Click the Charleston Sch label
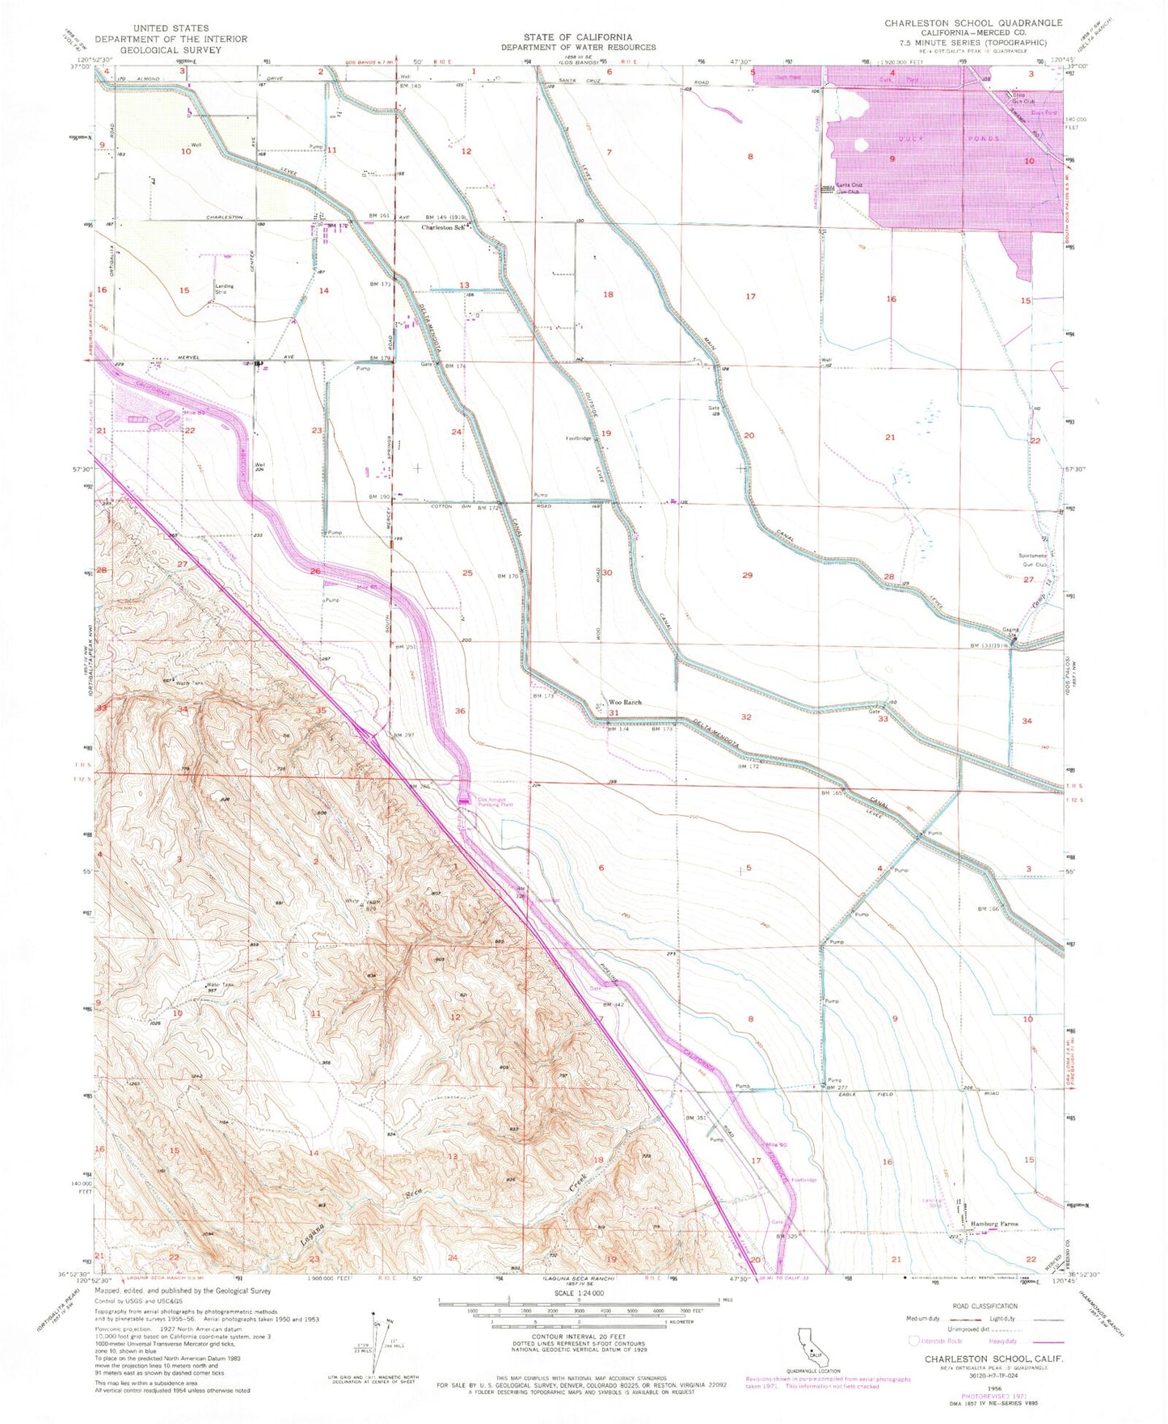click(x=442, y=227)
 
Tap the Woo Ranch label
click(x=625, y=703)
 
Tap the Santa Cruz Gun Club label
click(x=850, y=188)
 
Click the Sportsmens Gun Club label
click(x=1032, y=559)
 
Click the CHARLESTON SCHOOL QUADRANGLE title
click(x=972, y=23)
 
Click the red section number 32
click(x=746, y=717)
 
